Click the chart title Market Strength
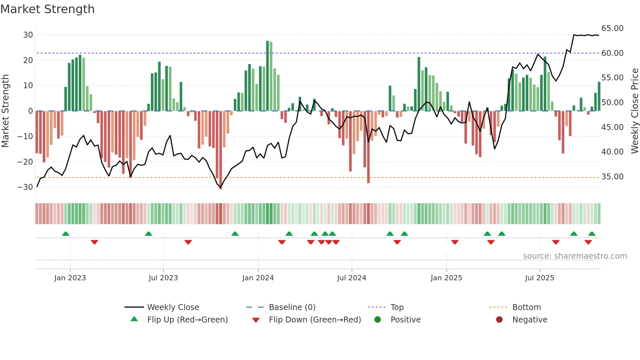47,9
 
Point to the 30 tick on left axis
28,35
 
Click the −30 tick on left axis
25,187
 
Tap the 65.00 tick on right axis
612,28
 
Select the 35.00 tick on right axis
612,177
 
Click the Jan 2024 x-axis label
258,278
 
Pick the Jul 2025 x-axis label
539,278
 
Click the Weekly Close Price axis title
634,111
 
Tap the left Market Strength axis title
5,111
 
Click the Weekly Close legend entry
173,307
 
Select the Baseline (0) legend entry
292,307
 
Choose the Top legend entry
397,307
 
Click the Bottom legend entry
526,307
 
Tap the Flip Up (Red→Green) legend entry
187,320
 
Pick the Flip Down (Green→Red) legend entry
315,320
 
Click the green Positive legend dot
377,320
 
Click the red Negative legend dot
499,320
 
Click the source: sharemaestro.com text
575,256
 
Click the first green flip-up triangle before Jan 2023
66,234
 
